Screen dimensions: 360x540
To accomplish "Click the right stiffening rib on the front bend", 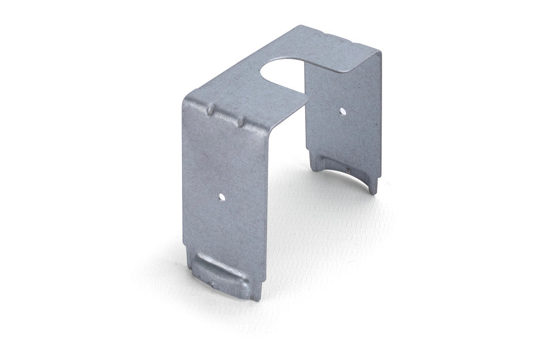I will [241, 123].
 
